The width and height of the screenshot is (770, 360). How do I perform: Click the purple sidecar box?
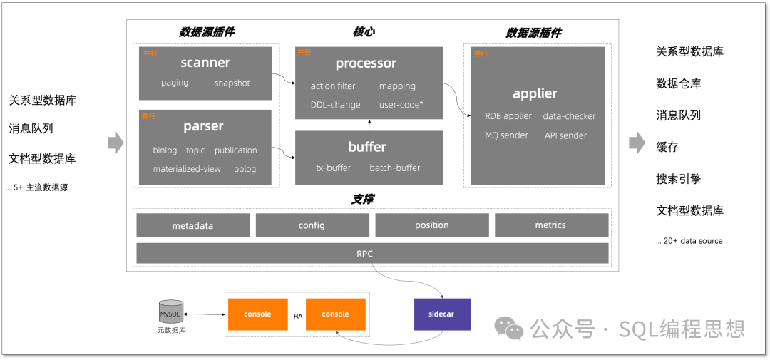pyautogui.click(x=442, y=314)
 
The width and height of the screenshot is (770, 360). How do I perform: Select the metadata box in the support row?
pyautogui.click(x=192, y=225)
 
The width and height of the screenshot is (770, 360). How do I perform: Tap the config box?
pyautogui.click(x=312, y=225)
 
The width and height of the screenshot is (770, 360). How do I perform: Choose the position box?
pyautogui.click(x=431, y=225)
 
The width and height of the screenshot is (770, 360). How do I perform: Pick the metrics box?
pyautogui.click(x=550, y=225)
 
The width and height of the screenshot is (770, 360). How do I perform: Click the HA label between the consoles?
pyautogui.click(x=299, y=314)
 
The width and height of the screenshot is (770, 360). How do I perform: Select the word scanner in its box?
pyautogui.click(x=205, y=63)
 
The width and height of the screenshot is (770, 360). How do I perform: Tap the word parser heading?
pyautogui.click(x=203, y=126)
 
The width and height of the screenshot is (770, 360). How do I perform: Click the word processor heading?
pyautogui.click(x=366, y=63)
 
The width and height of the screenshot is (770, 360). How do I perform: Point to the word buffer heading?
pyautogui.click(x=367, y=147)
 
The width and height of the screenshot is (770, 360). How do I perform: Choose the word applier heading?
pyautogui.click(x=535, y=93)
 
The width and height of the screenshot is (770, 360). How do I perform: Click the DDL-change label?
pyautogui.click(x=335, y=105)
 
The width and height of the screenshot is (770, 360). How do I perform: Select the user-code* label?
pyautogui.click(x=401, y=105)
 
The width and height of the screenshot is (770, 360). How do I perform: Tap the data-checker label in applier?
pyautogui.click(x=569, y=116)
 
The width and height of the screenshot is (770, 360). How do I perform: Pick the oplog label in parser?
pyautogui.click(x=245, y=169)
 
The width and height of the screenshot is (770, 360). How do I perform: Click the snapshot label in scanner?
pyautogui.click(x=232, y=83)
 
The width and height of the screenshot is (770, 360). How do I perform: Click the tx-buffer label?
pyautogui.click(x=334, y=168)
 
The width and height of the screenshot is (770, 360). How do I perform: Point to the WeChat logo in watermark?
pyautogui.click(x=509, y=327)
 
